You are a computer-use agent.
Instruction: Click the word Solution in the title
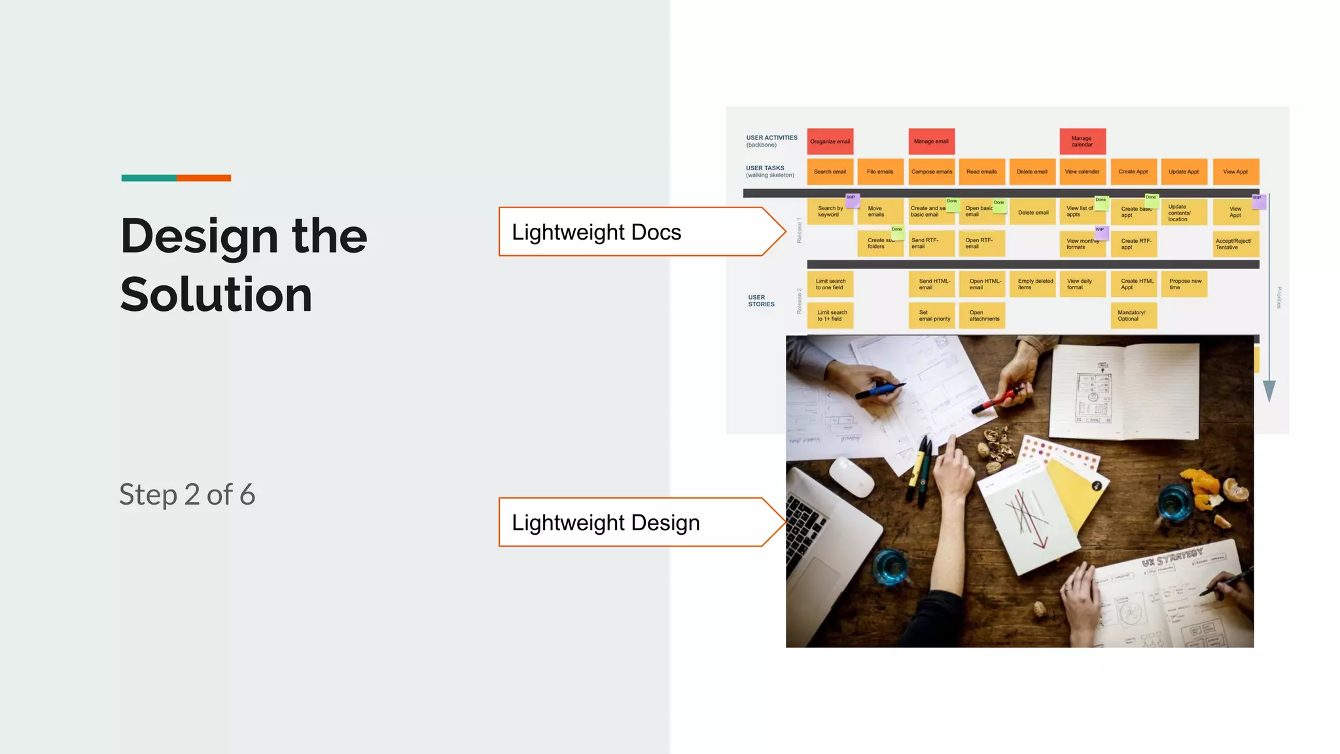tap(216, 295)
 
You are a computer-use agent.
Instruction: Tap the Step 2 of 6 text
tap(187, 495)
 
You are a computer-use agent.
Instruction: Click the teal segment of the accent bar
tap(149, 178)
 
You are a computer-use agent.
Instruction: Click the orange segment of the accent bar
tap(203, 178)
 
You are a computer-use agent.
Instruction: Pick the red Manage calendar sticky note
tap(1082, 141)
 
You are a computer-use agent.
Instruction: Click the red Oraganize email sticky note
tap(830, 141)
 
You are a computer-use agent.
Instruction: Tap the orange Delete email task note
tap(1032, 171)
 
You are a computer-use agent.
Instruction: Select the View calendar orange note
tap(1082, 171)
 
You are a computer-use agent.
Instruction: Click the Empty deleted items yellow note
tap(1032, 284)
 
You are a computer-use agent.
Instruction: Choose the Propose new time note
tap(1184, 284)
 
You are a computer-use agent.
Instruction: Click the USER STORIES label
tap(761, 300)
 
